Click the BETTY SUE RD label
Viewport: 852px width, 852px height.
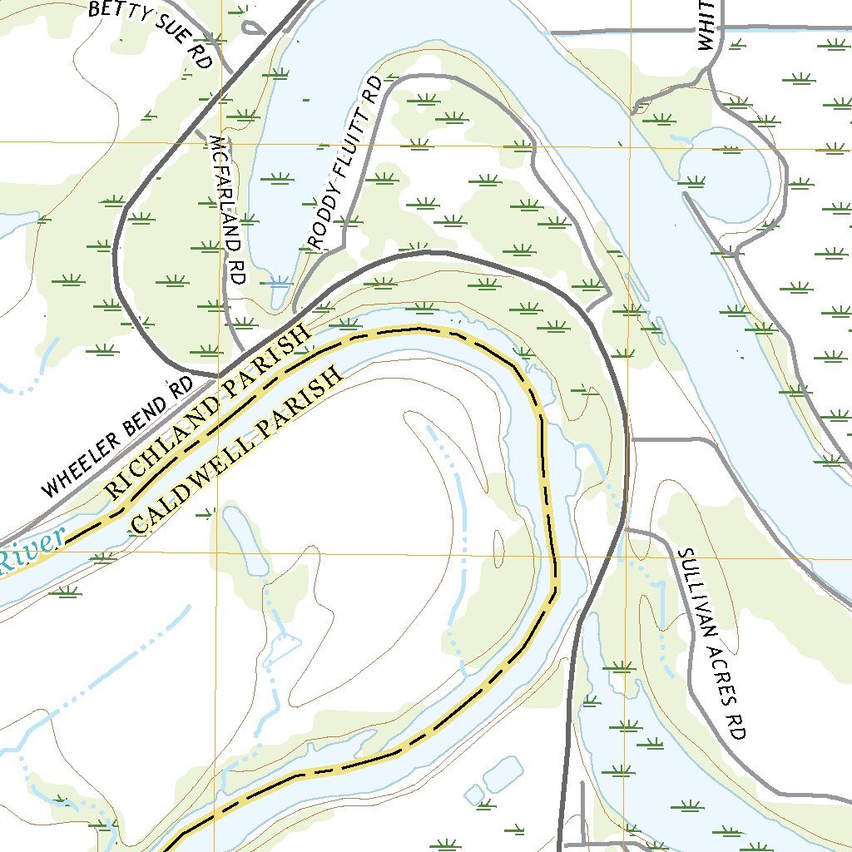click(151, 33)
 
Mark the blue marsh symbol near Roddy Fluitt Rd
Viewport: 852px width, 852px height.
click(280, 281)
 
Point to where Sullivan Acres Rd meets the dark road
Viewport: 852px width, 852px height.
click(626, 529)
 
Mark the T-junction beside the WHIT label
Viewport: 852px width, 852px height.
click(721, 30)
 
